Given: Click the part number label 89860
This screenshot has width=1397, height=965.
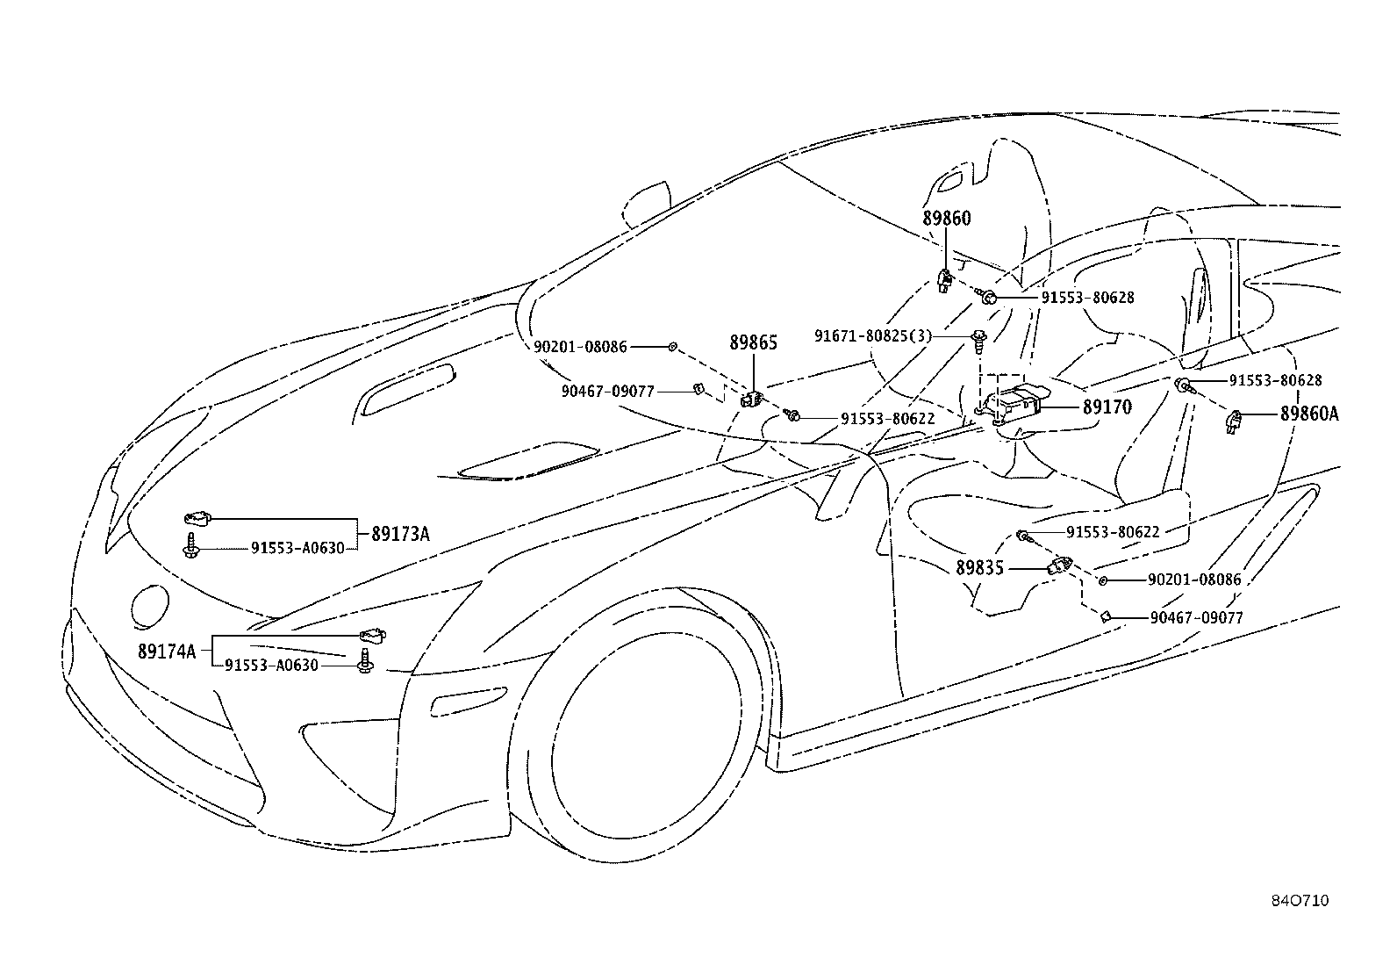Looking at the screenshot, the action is tap(947, 219).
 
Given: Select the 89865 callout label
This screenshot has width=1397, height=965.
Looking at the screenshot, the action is tap(754, 342).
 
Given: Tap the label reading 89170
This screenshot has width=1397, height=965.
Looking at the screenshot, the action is tap(1107, 407).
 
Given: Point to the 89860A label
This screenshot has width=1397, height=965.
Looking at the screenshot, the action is tap(1309, 414).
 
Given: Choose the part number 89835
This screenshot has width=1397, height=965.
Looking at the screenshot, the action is tap(980, 568).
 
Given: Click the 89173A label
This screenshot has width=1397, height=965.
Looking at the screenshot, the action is tap(401, 535).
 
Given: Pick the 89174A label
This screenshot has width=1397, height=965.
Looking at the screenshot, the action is tap(167, 652).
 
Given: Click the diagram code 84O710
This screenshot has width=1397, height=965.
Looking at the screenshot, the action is tap(1300, 901).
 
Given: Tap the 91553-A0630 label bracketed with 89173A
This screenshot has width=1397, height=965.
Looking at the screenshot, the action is tap(297, 548).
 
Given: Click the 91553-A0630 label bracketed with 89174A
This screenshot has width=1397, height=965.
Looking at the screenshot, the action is tap(271, 666).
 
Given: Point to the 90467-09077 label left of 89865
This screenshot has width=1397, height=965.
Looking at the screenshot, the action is tap(608, 392).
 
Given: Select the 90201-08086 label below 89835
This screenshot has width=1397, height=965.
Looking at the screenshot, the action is tap(1195, 580).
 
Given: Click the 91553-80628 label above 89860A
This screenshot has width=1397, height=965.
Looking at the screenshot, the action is tap(1275, 380).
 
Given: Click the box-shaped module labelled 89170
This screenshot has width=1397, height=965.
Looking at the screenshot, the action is tap(1014, 405).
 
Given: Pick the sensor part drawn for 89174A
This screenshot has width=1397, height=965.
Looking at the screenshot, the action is tap(372, 636).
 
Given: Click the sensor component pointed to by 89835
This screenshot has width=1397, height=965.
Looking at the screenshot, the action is tap(1060, 566).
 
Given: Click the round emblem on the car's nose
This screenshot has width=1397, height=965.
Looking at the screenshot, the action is tap(150, 606).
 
